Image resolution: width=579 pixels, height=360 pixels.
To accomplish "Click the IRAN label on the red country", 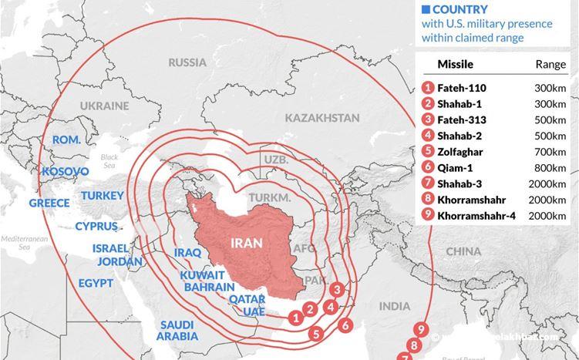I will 246,243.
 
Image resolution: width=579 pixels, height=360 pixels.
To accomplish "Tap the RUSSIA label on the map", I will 187,62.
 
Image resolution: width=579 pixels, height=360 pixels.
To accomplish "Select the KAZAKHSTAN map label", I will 321,118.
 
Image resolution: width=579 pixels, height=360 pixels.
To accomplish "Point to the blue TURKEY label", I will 103,196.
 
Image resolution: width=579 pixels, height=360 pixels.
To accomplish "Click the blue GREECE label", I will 49,204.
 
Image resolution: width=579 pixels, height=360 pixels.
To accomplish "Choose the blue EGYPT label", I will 96,282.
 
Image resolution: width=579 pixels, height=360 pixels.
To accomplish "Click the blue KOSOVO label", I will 66,170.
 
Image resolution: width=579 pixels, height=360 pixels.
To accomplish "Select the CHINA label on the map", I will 463,251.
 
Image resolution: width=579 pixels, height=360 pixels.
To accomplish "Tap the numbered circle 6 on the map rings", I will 345,325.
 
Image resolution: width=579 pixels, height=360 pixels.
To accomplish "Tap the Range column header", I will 550,65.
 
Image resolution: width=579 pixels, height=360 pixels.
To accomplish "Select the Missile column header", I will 455,65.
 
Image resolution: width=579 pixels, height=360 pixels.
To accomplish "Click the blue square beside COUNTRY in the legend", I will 424,9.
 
